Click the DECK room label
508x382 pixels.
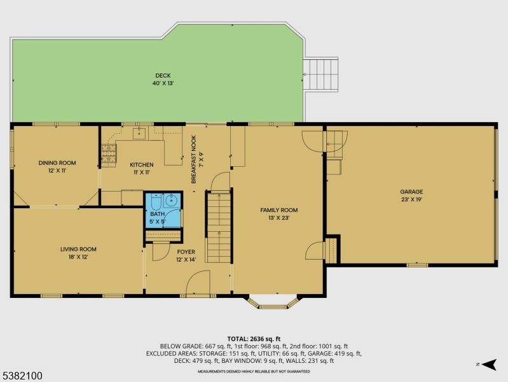[163, 76]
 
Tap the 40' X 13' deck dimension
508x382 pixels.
[163, 83]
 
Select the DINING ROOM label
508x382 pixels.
[57, 163]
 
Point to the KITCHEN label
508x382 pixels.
[142, 165]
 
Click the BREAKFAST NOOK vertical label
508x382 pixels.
[194, 159]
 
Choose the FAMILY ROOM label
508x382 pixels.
[279, 210]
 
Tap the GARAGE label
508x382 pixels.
[411, 192]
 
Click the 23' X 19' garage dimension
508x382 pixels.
[411, 200]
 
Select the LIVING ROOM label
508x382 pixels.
[78, 250]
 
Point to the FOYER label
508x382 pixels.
[186, 252]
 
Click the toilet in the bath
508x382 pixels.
[156, 202]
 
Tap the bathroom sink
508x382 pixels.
[171, 201]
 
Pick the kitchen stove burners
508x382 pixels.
[109, 153]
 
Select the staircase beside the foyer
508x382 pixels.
[219, 227]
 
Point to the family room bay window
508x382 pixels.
[273, 302]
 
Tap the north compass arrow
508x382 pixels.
[489, 364]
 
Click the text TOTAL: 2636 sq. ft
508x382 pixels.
[254, 339]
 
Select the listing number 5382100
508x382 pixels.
[22, 376]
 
